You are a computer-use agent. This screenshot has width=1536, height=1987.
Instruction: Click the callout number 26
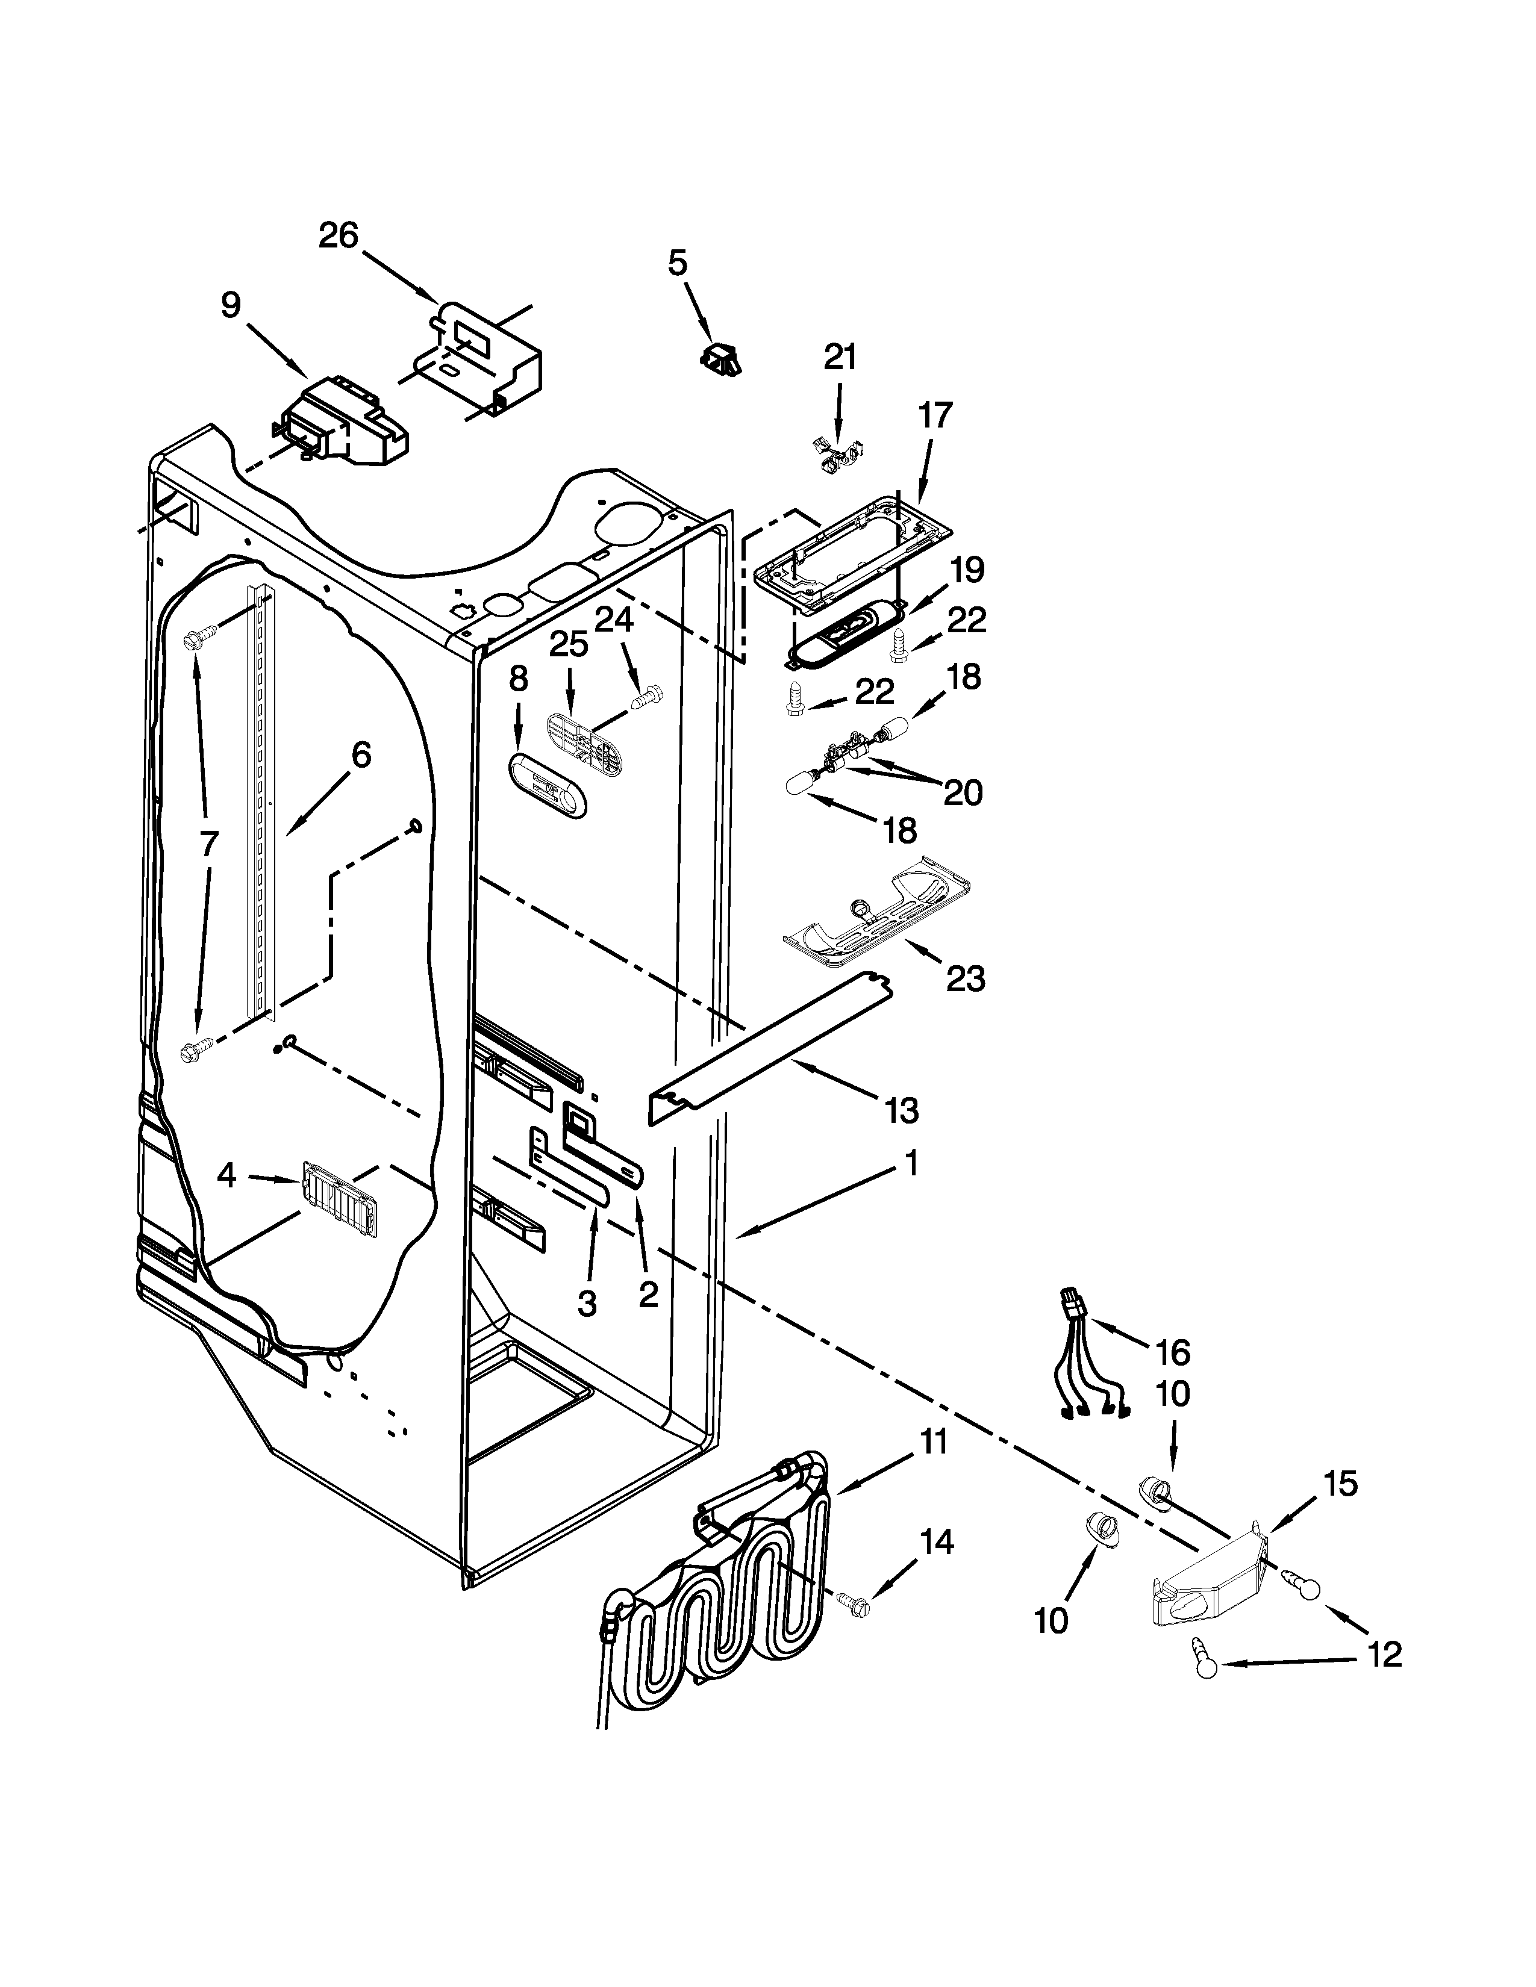(339, 237)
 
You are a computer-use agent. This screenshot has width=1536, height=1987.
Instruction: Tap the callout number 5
(678, 263)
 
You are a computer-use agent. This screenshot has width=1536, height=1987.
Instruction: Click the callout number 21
(840, 358)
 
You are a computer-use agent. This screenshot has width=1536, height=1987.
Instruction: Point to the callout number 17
(934, 416)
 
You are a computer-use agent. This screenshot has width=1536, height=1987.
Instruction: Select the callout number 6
(361, 754)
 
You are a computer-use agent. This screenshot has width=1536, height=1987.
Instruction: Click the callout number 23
(964, 979)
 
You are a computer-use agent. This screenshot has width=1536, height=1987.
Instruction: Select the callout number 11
(932, 1442)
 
